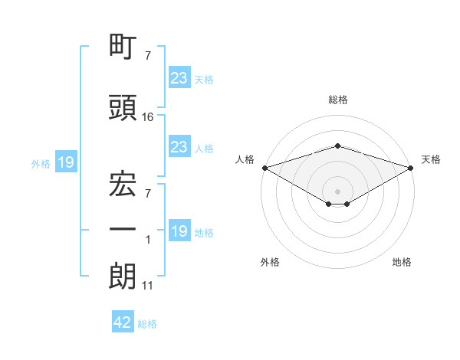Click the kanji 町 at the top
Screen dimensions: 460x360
[x=123, y=46]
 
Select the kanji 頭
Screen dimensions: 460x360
[x=123, y=107]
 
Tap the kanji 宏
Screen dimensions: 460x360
[x=123, y=184]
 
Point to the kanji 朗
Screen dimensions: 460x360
[x=123, y=276]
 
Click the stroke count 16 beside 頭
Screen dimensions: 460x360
[x=147, y=117]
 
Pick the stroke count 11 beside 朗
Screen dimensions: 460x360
[x=147, y=286]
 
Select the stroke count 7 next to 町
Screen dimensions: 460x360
[x=148, y=56]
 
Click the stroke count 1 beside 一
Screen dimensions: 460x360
[x=148, y=240]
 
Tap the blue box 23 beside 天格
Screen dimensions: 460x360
[x=179, y=77]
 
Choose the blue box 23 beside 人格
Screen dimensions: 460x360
[x=179, y=146]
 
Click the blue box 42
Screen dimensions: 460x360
[x=123, y=321]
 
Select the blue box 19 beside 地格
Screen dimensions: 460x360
[x=179, y=230]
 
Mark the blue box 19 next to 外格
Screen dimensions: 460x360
[x=66, y=162]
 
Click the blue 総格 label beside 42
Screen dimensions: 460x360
[x=147, y=324]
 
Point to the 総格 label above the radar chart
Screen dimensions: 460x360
[x=338, y=100]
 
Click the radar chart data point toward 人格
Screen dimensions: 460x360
[x=265, y=168]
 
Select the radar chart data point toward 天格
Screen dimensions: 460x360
[x=411, y=168]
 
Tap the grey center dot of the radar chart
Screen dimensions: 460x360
[x=337, y=191]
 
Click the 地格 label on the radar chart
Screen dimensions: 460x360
[x=402, y=262]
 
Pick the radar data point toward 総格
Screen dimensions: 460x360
[x=337, y=146]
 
